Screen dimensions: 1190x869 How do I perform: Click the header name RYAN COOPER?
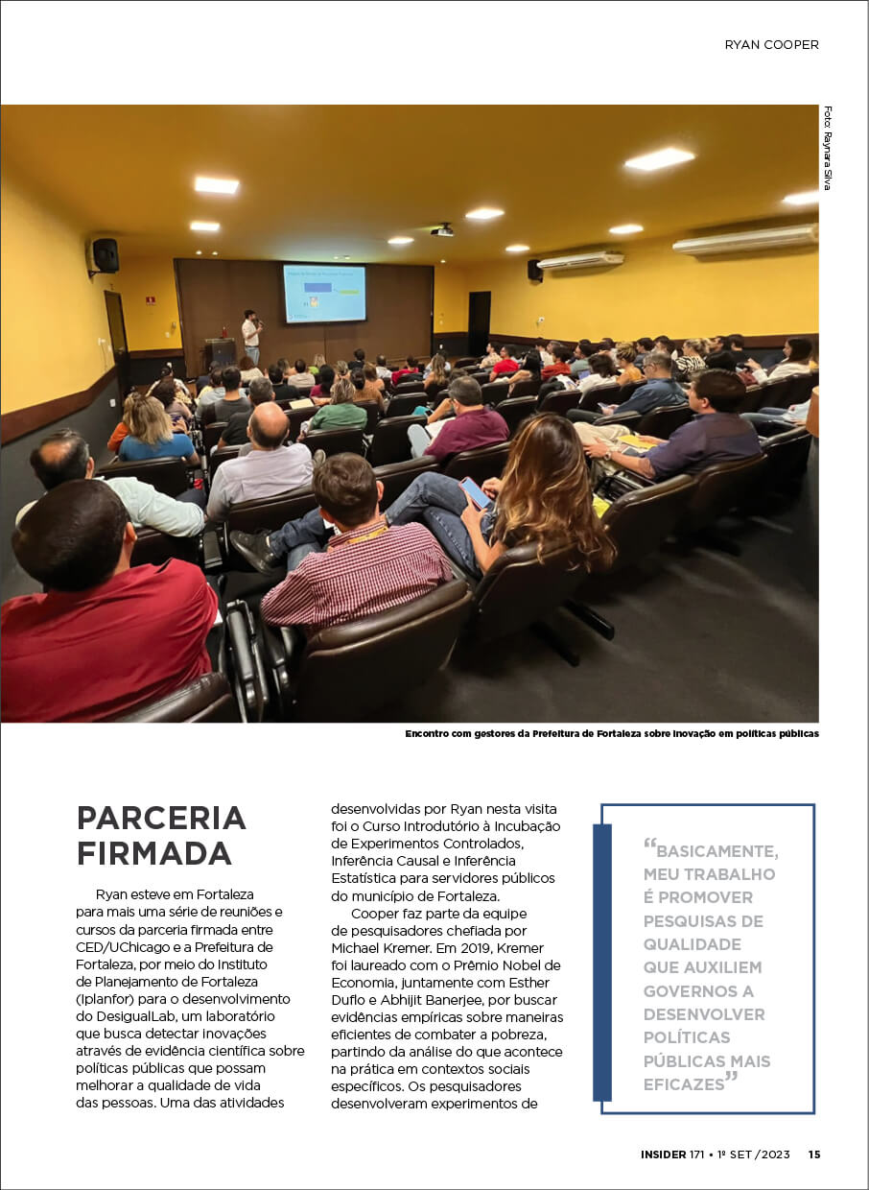[x=771, y=44]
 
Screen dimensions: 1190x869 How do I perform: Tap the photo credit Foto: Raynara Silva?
[x=827, y=148]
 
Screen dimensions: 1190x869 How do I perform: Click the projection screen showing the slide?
[x=324, y=293]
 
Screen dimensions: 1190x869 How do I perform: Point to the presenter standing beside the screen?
[x=251, y=335]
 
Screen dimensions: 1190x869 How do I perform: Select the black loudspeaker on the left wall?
[x=104, y=255]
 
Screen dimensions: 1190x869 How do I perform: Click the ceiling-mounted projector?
[x=442, y=230]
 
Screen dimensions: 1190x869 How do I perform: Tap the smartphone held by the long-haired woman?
[x=477, y=493]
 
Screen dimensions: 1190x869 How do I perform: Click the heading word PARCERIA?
[x=161, y=819]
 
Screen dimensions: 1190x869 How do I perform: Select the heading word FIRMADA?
[x=153, y=852]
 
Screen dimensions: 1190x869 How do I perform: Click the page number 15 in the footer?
[x=813, y=1154]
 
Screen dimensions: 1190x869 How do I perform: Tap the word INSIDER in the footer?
[x=663, y=1154]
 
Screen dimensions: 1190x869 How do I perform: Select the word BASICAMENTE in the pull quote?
[x=716, y=851]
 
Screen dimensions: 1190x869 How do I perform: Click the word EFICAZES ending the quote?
[x=683, y=1084]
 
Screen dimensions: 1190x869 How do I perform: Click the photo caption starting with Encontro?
[x=612, y=734]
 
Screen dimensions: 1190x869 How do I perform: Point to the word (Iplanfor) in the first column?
[x=107, y=999]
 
